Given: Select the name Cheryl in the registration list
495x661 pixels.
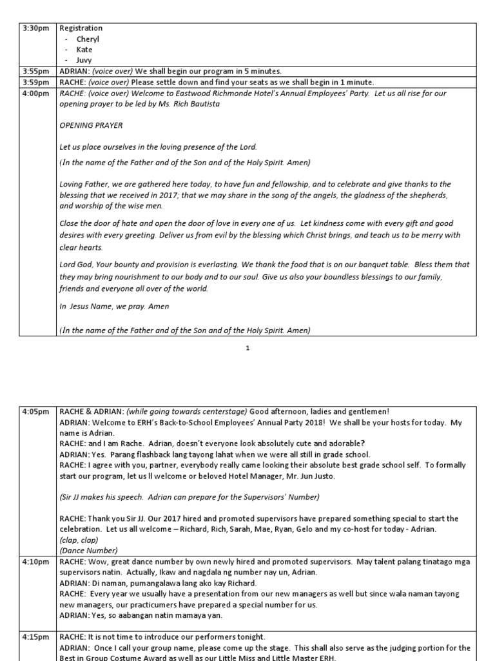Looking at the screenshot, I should point(88,39).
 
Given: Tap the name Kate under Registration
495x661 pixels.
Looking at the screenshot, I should point(84,50).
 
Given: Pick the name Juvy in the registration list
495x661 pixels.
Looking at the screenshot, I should point(84,61).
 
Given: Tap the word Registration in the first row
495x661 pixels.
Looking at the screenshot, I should point(81,28).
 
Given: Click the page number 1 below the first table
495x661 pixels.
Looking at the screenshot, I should point(247,349).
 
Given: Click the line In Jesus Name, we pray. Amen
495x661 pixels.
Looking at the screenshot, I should point(105,307).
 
